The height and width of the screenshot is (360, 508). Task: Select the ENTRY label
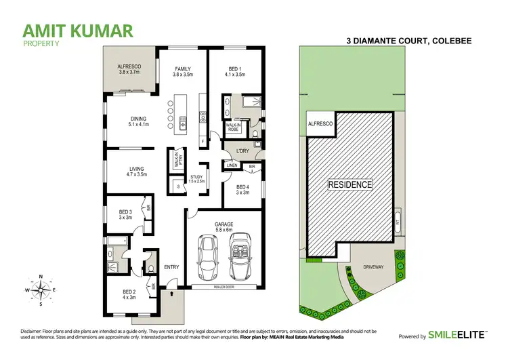(171, 266)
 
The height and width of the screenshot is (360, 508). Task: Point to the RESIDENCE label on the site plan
(350, 184)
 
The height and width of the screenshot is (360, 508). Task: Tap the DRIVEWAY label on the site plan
(372, 266)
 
